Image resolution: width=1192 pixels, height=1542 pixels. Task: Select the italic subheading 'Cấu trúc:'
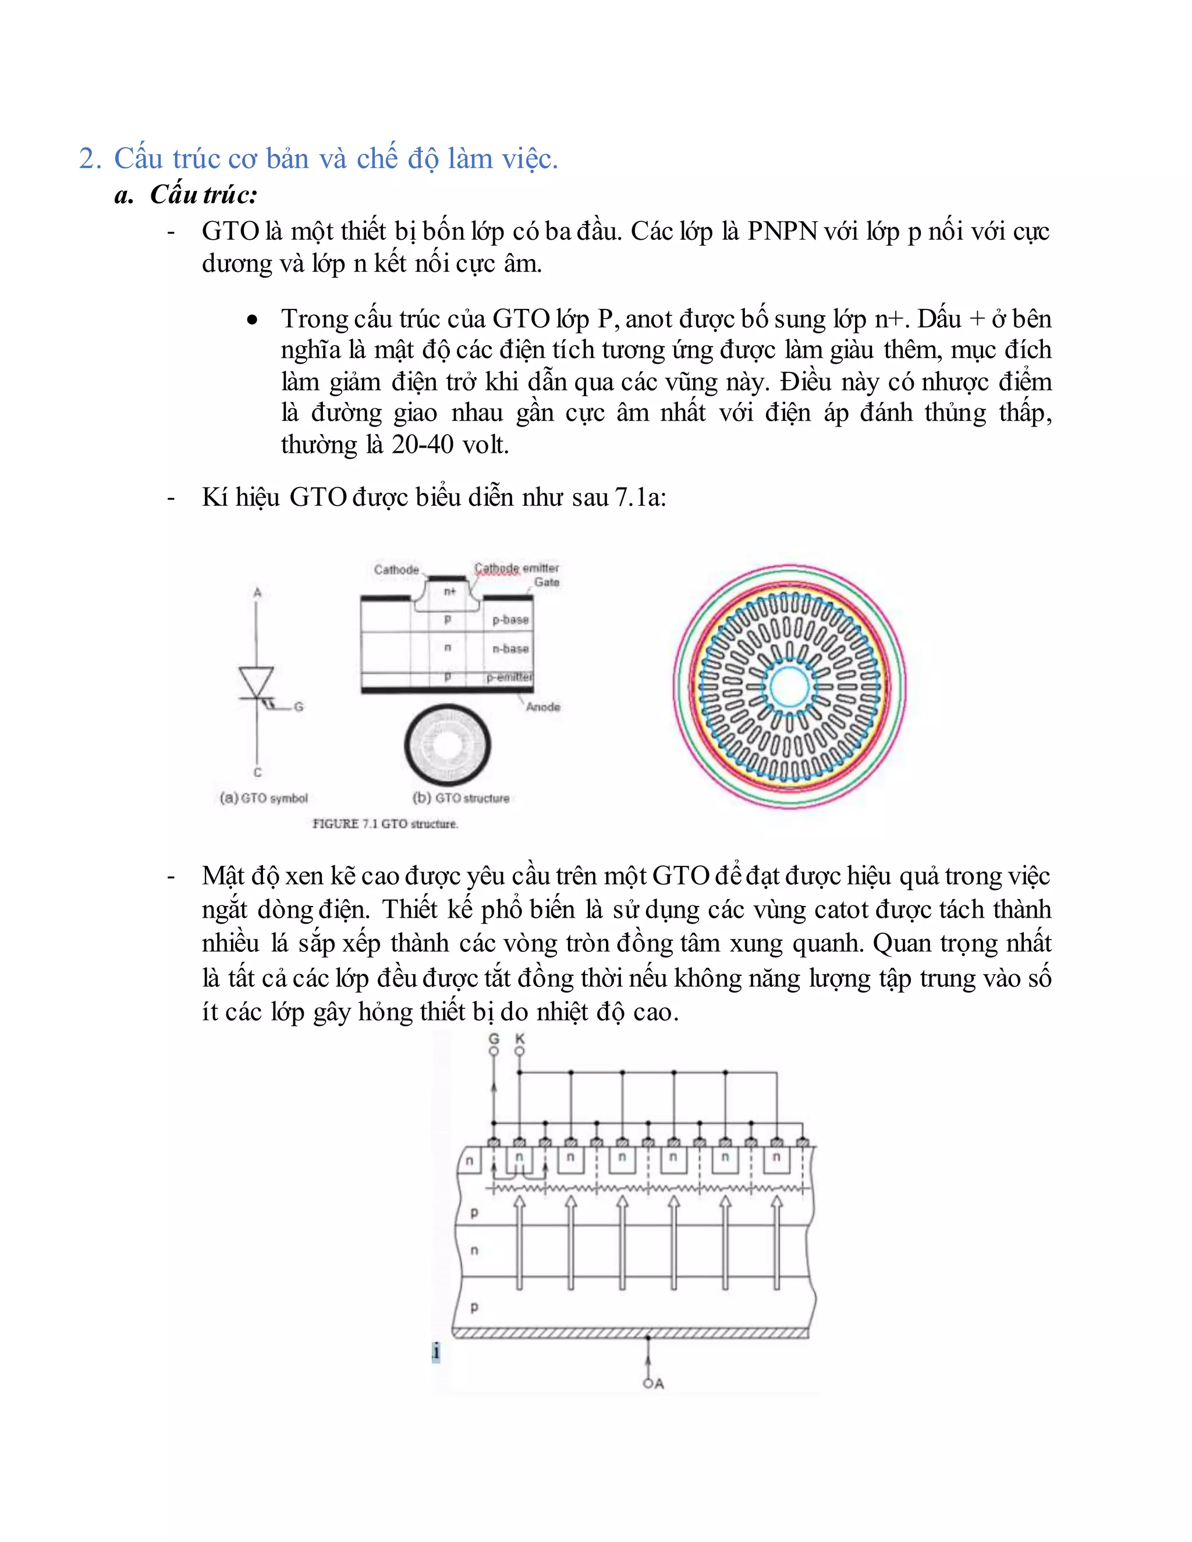click(203, 195)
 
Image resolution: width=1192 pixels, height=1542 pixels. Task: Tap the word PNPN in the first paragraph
click(782, 232)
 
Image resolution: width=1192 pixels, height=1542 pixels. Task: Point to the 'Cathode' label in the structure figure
click(396, 570)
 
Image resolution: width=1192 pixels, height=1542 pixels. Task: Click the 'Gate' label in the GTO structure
click(547, 582)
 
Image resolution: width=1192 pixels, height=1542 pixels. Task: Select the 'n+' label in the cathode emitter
click(450, 592)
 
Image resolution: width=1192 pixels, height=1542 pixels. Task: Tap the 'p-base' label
click(510, 620)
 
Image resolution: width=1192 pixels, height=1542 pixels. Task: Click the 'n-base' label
click(510, 649)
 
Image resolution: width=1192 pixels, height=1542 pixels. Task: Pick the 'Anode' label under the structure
click(543, 707)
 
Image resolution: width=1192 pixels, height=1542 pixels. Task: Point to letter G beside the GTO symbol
click(299, 707)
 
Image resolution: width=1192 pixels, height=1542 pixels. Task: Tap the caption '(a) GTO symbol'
click(264, 798)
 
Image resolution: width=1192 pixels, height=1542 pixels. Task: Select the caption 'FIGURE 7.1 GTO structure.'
click(385, 824)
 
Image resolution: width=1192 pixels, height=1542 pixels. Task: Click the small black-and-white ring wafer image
click(448, 745)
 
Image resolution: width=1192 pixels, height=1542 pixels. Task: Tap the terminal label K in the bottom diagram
click(520, 1039)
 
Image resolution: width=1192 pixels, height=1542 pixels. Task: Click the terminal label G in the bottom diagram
click(494, 1039)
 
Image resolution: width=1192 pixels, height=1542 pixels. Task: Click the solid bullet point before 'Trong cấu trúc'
click(252, 321)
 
